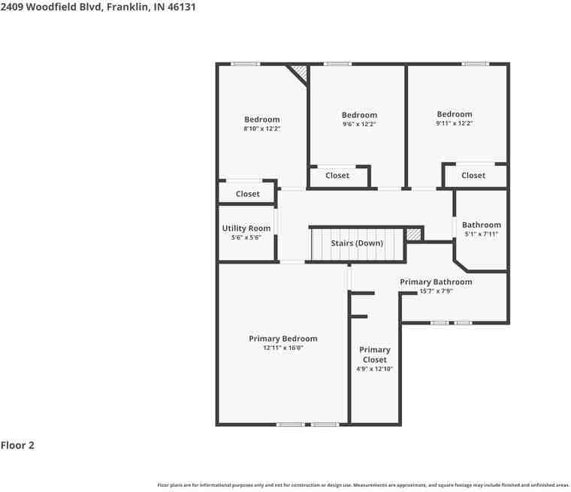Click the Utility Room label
(x=246, y=228)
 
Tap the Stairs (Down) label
(x=357, y=243)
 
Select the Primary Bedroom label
(x=283, y=339)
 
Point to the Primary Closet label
(x=374, y=355)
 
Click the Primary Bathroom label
(x=436, y=282)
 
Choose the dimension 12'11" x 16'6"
(x=283, y=348)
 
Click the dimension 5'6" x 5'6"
(x=246, y=237)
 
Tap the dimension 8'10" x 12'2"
(x=261, y=128)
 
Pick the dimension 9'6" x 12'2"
(x=359, y=124)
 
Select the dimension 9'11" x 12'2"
(x=455, y=123)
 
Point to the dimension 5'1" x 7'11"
(x=481, y=234)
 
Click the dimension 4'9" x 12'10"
(x=374, y=369)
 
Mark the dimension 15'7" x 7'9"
(x=436, y=291)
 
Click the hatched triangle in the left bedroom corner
(x=300, y=73)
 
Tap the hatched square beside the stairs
(x=413, y=234)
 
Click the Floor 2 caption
(x=17, y=445)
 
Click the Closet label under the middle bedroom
(x=337, y=176)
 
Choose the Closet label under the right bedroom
(x=473, y=176)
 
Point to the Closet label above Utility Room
(x=247, y=194)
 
